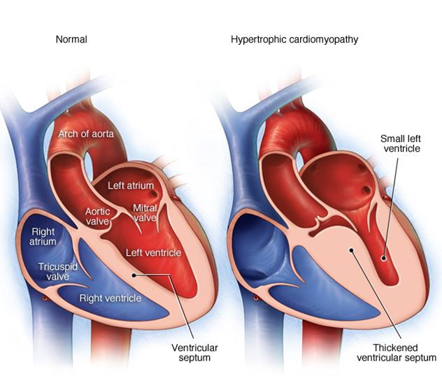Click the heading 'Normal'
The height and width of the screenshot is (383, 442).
coord(71,40)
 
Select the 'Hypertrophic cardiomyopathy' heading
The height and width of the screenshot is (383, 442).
coord(294,40)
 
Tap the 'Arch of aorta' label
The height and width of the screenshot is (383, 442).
coord(87,134)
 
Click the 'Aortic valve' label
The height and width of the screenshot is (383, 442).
coord(98,216)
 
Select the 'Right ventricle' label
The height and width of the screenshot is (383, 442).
coord(110,298)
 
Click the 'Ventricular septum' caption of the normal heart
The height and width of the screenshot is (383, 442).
coord(195,352)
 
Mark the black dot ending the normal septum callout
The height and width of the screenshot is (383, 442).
coord(135,275)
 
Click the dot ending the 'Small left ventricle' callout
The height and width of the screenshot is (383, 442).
coord(383,258)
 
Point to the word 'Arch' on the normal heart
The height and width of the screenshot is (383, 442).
coord(68,134)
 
